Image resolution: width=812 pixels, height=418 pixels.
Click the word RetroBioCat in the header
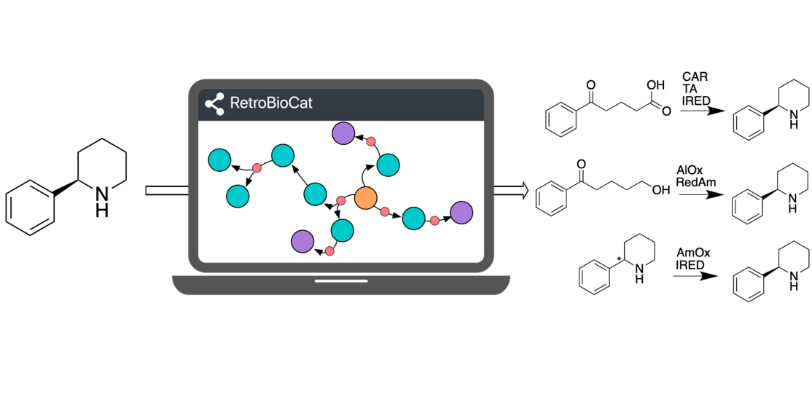click(270, 103)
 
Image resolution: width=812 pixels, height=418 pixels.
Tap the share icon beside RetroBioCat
click(214, 104)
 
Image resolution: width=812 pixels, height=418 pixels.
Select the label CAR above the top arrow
click(695, 76)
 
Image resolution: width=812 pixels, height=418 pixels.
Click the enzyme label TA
click(690, 89)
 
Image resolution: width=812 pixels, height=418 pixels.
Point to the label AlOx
click(690, 170)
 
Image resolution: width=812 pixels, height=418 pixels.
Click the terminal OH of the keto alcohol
click(660, 190)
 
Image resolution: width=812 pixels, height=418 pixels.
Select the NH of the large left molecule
click(102, 200)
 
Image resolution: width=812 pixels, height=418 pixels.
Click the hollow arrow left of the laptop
click(167, 191)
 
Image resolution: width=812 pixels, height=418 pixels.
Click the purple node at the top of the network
click(343, 133)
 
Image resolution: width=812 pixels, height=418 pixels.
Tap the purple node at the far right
click(461, 213)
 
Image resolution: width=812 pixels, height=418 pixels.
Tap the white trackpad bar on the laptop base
click(341, 280)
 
